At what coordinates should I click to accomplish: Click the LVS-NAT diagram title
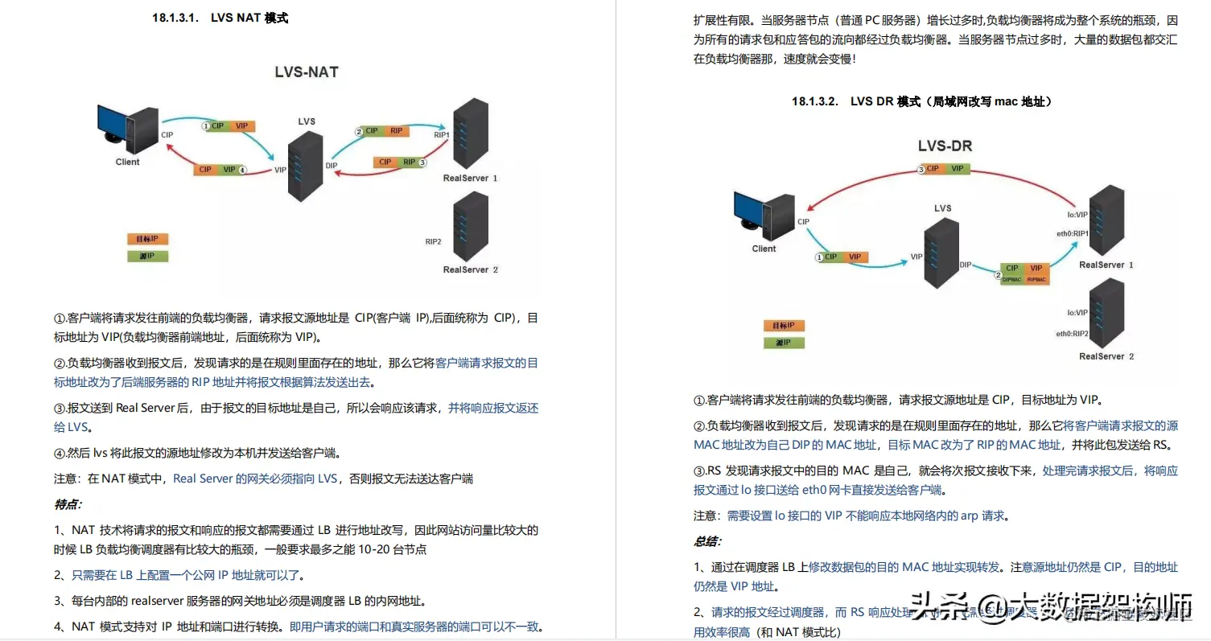[x=307, y=72]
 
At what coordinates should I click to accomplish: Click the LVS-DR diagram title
[x=945, y=146]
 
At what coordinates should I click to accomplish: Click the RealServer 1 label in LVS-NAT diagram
[x=470, y=178]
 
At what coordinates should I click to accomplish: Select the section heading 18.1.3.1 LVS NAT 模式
[x=220, y=18]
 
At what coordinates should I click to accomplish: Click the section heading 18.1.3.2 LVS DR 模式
[x=921, y=101]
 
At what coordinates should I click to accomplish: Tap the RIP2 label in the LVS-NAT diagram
[x=433, y=241]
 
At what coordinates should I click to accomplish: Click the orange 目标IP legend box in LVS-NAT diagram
[x=147, y=239]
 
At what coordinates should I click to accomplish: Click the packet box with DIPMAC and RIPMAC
[x=1024, y=273]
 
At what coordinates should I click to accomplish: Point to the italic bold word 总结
[x=707, y=541]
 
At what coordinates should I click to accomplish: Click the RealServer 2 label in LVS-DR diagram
[x=1106, y=356]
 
